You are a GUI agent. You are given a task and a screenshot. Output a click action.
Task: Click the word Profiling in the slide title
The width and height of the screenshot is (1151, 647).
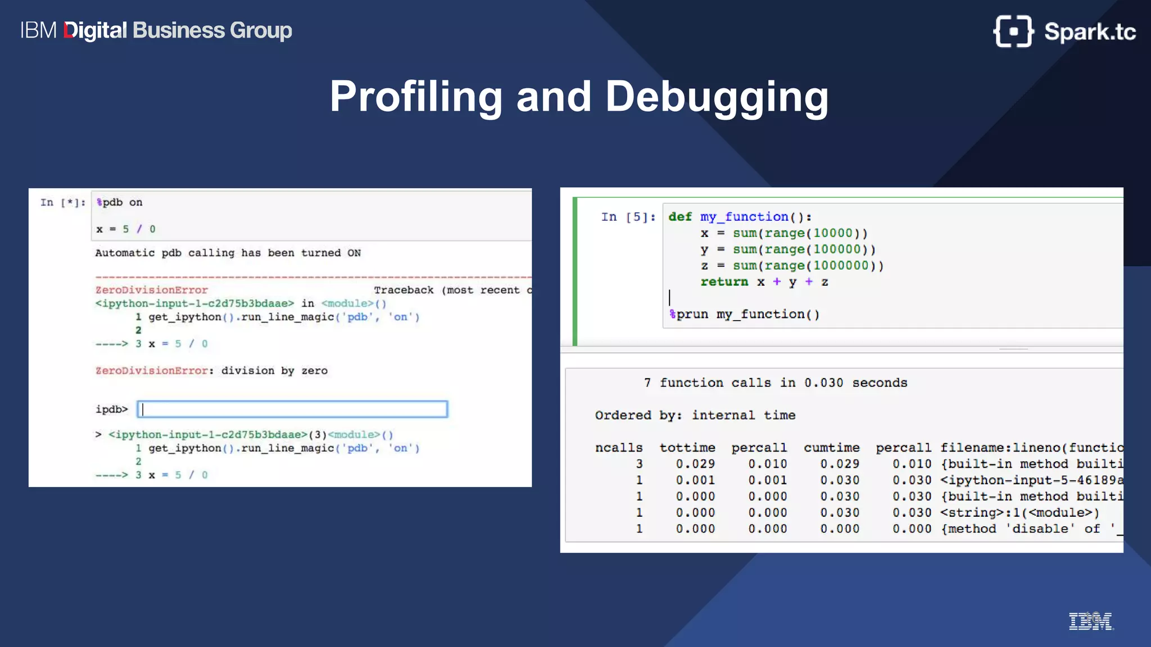pos(416,97)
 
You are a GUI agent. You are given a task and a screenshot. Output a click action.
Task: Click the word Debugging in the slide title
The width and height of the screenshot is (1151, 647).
pos(717,97)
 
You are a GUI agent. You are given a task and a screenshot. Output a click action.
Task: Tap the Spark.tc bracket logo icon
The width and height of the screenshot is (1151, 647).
pos(1013,31)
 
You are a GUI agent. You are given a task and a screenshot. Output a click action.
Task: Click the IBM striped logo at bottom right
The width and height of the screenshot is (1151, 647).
pos(1090,622)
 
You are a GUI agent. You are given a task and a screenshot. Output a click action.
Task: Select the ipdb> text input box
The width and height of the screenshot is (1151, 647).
pos(292,409)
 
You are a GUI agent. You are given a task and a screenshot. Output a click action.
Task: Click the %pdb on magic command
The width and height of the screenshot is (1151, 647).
pos(119,202)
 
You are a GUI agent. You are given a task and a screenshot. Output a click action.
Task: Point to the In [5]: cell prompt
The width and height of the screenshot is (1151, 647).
pos(628,217)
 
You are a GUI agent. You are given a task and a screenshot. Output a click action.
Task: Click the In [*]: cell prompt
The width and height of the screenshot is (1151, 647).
pos(63,202)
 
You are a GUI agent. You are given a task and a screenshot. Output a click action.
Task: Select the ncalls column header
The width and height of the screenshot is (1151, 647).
pos(619,448)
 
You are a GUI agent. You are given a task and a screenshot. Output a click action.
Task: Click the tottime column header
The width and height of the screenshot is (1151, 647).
pos(687,448)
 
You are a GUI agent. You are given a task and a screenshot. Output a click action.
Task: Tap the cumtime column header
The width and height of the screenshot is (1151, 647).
pos(832,448)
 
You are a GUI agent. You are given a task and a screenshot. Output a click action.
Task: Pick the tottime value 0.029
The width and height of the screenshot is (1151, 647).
pos(695,464)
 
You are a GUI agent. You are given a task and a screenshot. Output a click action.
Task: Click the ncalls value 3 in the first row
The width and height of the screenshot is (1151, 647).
pos(639,464)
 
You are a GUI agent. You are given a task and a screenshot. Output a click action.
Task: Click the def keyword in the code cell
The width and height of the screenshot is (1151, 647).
pos(680,217)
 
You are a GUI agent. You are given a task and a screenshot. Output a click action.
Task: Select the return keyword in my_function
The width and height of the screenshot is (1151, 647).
pos(724,282)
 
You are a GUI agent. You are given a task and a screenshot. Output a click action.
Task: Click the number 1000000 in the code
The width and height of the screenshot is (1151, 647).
pos(841,266)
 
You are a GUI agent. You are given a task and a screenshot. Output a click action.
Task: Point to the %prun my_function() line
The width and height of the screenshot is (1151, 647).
pos(745,315)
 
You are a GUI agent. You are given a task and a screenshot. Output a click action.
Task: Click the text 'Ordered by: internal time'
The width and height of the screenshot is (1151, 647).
pos(695,415)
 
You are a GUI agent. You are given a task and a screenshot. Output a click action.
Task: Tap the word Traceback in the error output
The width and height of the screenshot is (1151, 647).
pos(404,290)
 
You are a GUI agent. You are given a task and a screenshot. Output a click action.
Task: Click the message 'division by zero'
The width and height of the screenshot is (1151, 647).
pos(274,371)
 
